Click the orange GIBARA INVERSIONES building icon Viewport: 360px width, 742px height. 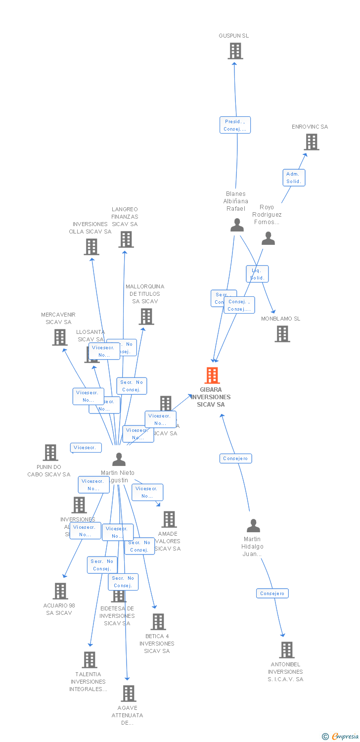point(212,375)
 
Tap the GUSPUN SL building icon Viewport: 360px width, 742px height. point(235,51)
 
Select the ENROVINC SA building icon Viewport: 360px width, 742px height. point(311,142)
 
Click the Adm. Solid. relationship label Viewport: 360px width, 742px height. point(294,178)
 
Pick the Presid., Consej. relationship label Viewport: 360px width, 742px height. point(235,125)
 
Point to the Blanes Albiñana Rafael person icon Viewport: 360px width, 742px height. point(237,225)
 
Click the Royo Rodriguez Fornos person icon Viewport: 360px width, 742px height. point(268,238)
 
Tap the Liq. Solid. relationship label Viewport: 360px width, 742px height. point(257,274)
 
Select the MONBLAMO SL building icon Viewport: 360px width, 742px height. point(282,334)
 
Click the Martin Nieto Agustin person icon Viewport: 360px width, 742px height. point(119,460)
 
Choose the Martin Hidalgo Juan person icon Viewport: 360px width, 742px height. point(253,525)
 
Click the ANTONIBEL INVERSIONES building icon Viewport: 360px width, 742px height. point(287,650)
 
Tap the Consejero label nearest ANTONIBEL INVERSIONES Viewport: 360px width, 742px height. point(272,593)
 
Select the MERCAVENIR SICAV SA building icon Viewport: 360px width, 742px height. point(60,337)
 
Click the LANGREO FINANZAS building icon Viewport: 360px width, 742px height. point(126,239)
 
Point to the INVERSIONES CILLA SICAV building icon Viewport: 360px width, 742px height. point(91,247)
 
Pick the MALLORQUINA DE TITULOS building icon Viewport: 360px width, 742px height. point(146,317)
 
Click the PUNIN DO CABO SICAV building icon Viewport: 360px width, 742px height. point(50,453)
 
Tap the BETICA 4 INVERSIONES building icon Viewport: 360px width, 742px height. point(158,622)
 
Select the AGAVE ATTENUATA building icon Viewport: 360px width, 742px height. point(129,694)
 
